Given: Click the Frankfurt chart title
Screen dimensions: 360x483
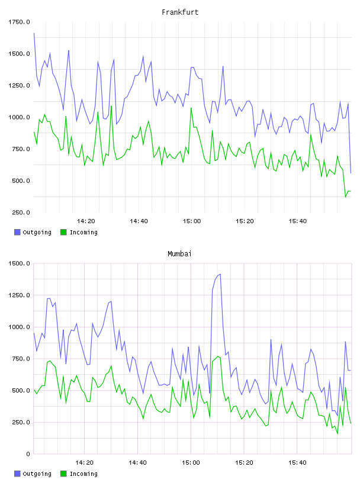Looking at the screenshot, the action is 180,12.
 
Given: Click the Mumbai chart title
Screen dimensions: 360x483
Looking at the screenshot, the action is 179,254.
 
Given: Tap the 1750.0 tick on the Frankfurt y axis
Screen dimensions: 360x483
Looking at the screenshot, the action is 19,22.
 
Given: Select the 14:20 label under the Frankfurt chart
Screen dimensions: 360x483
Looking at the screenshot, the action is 86,221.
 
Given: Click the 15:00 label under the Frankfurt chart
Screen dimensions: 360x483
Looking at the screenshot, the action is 192,221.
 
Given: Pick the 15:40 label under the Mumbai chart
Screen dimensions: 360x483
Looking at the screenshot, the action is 297,463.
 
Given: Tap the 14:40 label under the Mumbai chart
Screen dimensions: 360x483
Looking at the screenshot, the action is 137,463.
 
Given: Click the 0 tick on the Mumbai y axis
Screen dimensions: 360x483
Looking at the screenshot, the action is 28,454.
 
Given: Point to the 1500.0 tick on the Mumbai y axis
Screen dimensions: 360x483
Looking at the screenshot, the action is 19,263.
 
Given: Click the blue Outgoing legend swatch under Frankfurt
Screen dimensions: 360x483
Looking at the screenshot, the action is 17,232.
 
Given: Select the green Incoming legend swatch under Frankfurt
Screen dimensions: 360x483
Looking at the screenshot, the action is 63,232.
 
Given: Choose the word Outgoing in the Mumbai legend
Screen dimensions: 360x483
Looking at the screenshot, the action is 37,474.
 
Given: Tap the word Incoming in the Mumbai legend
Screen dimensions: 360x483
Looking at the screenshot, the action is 83,474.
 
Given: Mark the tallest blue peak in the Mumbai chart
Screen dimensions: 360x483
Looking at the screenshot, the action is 220,274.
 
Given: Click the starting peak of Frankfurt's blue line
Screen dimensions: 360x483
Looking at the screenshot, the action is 34,33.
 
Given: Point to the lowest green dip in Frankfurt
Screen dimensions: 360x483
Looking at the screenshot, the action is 346,197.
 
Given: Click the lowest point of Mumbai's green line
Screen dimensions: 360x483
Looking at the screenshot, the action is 337,434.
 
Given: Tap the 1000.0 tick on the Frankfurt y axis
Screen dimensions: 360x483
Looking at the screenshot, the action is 19,117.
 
